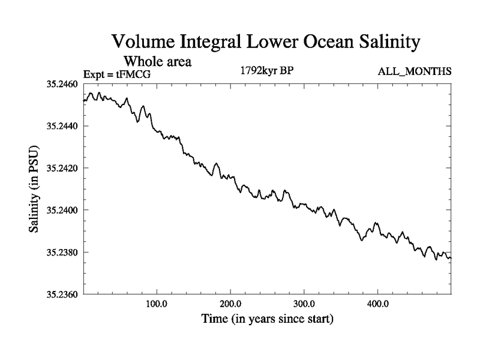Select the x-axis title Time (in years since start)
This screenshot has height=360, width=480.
coord(266,319)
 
